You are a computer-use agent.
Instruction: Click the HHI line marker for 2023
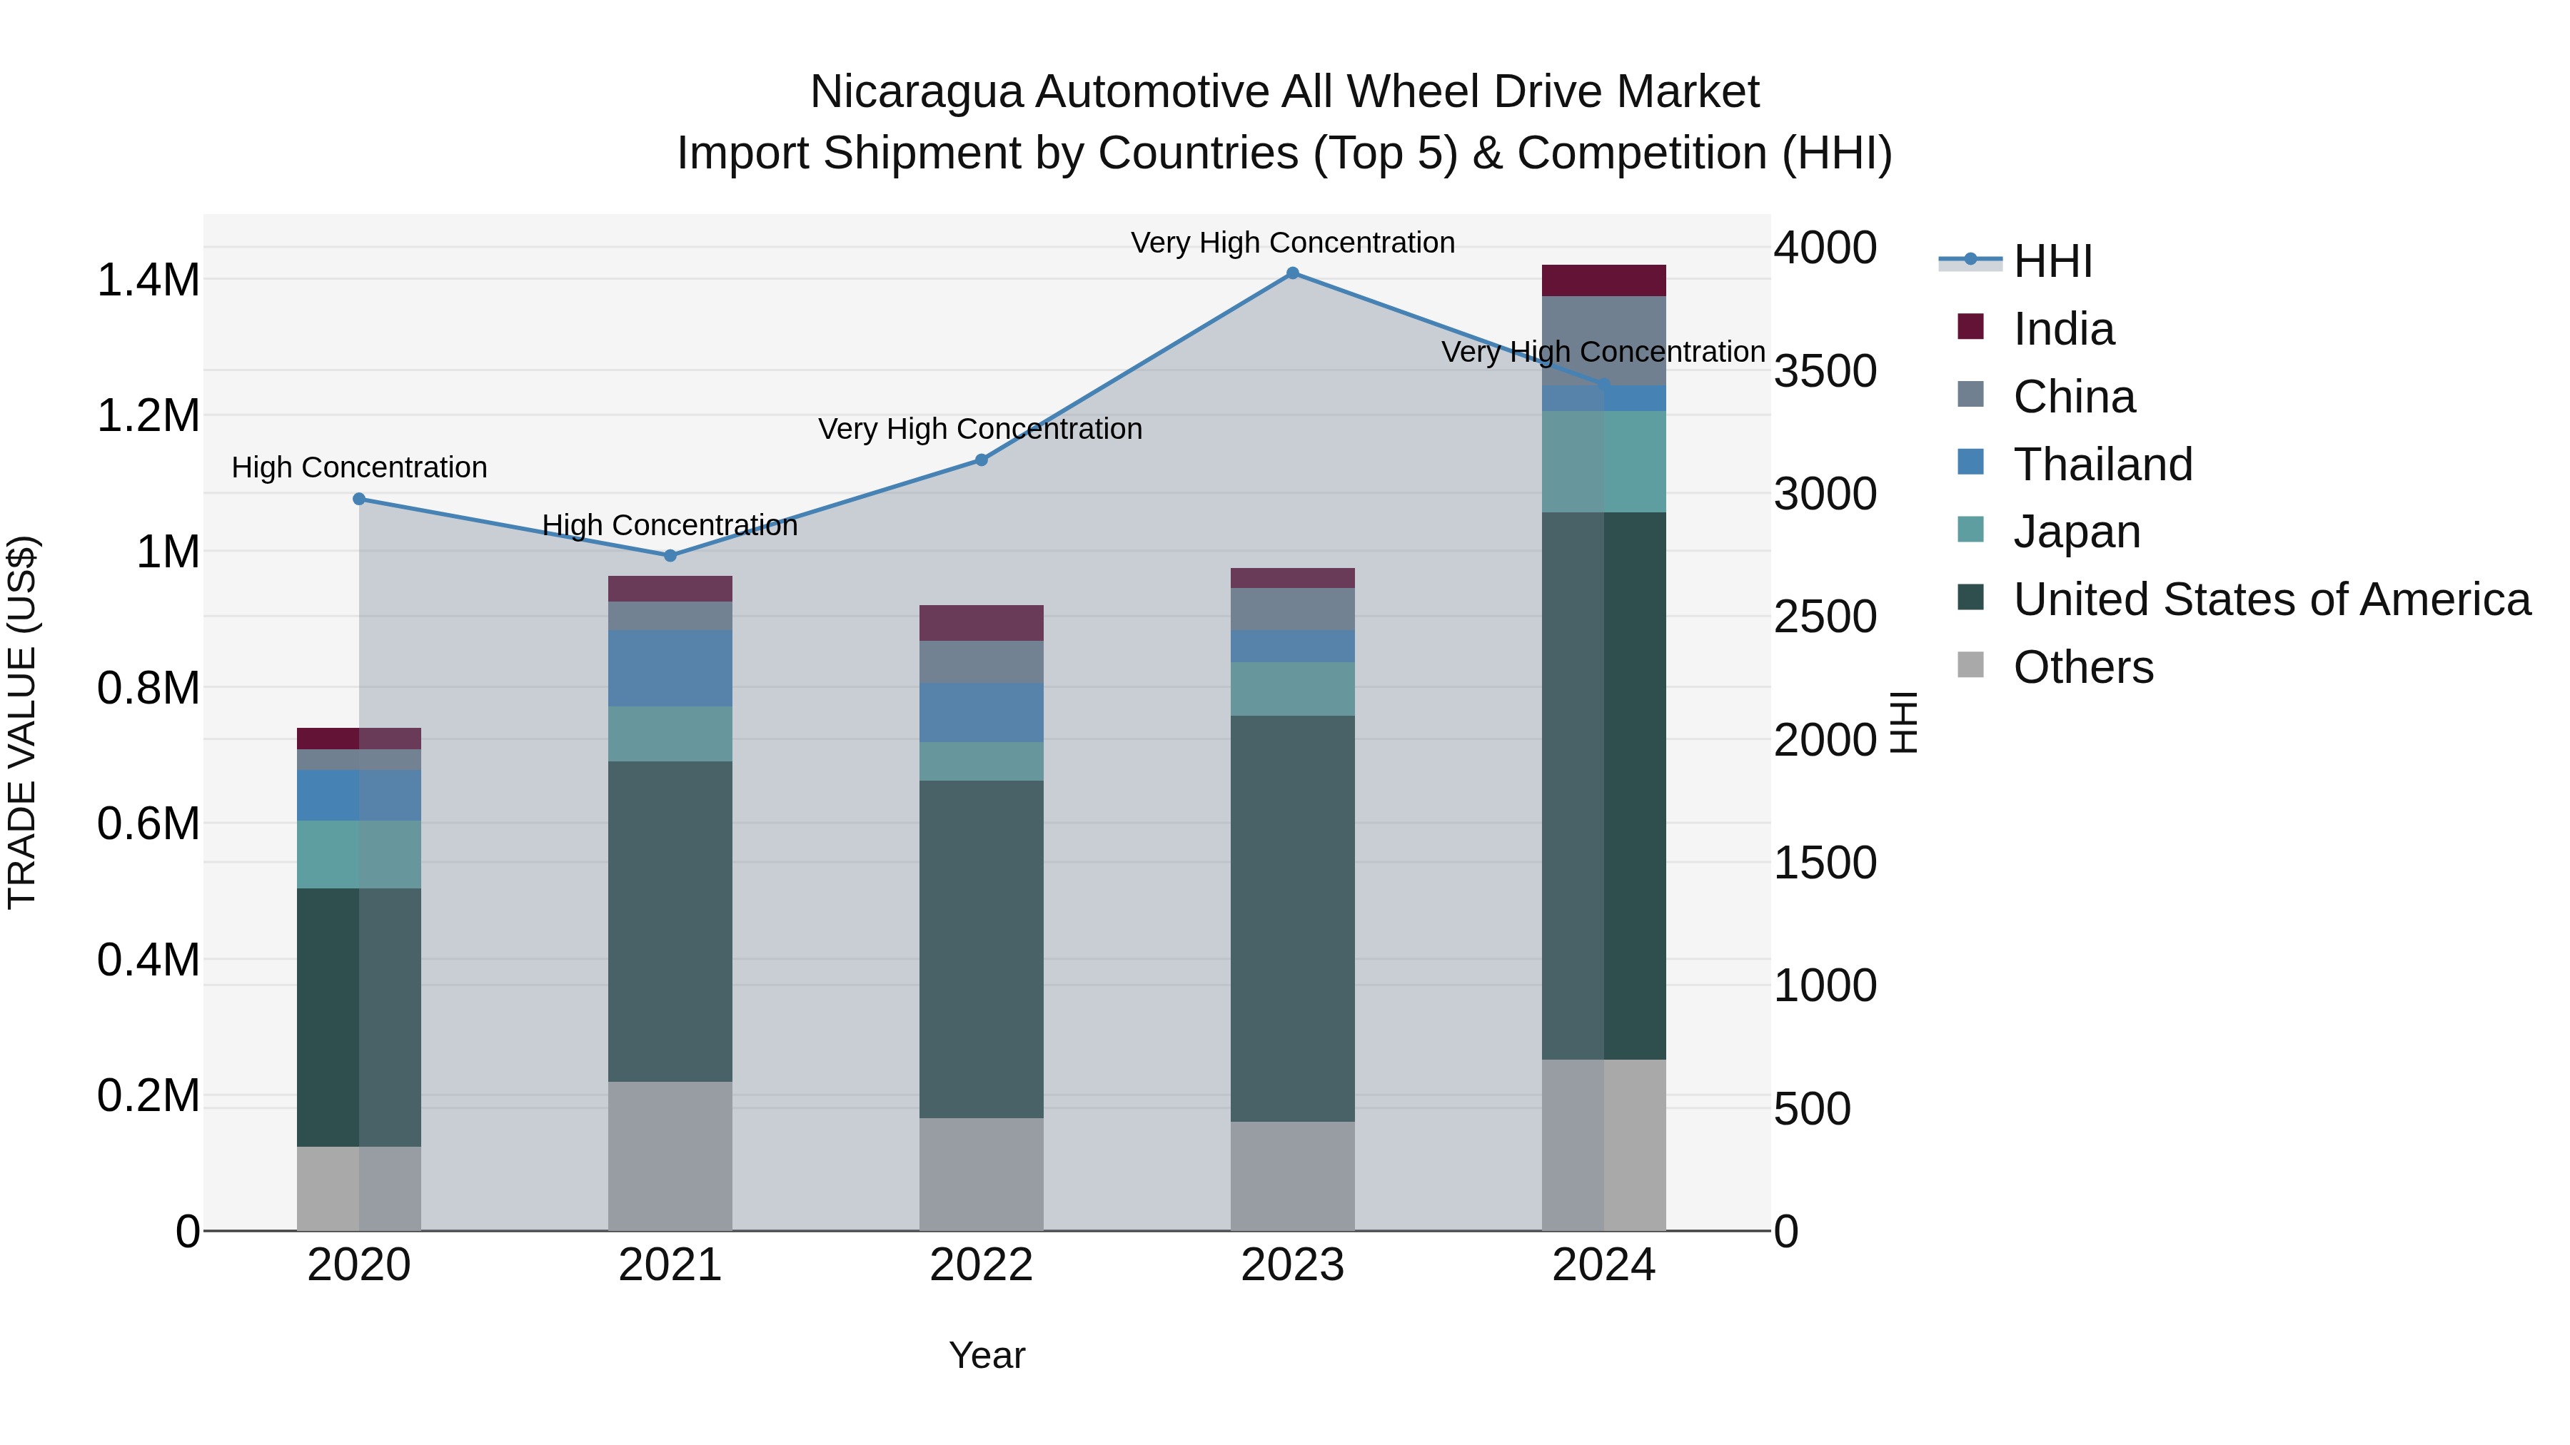pos(1292,273)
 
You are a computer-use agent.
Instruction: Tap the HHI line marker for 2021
pos(670,555)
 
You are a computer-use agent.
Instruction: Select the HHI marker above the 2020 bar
pos(359,499)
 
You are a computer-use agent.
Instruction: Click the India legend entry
pos(2062,329)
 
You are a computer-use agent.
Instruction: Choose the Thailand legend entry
pos(2102,465)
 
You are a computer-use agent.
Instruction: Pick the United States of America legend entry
pos(2271,599)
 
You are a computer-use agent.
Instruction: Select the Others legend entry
pos(2082,667)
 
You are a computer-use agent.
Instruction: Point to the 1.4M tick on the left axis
pos(148,280)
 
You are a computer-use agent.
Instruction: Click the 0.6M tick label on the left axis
pos(148,823)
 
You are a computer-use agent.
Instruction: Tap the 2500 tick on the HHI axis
pos(1825,617)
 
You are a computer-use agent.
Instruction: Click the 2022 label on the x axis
pos(981,1265)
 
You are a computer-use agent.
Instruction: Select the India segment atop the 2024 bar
pos(1603,280)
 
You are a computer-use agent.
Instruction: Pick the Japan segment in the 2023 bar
pos(1292,688)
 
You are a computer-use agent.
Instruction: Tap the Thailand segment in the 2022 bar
pos(981,712)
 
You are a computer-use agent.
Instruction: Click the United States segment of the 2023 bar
pos(1292,918)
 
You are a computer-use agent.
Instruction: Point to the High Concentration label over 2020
pos(359,467)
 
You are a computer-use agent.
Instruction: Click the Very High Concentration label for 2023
pos(1292,243)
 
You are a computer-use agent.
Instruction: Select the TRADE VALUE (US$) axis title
pos(22,722)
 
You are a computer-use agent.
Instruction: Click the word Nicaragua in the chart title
pos(916,92)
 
